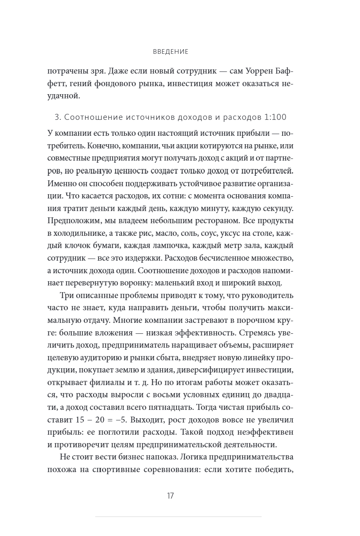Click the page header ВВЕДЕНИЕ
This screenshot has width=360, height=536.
tap(171, 52)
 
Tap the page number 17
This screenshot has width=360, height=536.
tap(170, 495)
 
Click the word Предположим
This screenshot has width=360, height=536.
tap(74, 221)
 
